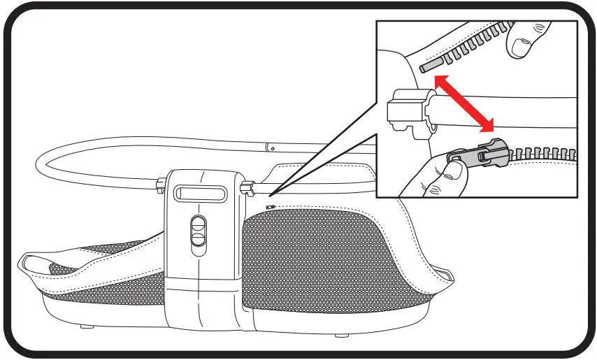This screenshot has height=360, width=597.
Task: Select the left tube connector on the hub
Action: pos(161,185)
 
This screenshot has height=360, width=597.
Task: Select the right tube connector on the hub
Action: pos(247,187)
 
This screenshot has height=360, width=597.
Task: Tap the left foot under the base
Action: pos(85,326)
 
